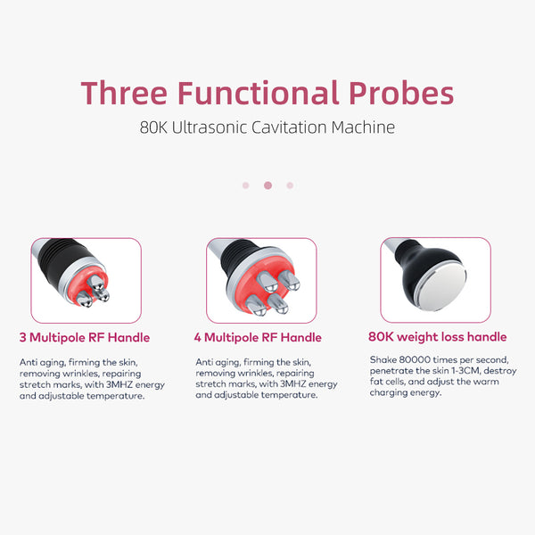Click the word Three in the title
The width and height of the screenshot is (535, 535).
click(x=124, y=93)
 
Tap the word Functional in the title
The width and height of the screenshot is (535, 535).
click(x=259, y=93)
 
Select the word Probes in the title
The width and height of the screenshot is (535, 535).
click(x=401, y=93)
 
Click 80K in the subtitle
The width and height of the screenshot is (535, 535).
click(x=153, y=128)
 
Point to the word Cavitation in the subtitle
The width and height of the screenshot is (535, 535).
click(x=289, y=128)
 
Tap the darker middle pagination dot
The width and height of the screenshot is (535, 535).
click(x=267, y=185)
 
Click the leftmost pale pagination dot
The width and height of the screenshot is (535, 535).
click(x=246, y=185)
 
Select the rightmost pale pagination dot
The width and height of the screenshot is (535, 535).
click(x=290, y=185)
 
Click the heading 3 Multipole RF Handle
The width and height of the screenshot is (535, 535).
click(x=85, y=337)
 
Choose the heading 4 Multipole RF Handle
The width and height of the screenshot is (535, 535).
click(x=258, y=337)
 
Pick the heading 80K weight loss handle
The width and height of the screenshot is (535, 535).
click(x=438, y=337)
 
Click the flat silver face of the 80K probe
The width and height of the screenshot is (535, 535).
click(x=441, y=287)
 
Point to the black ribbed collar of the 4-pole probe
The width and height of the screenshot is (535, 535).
click(x=239, y=254)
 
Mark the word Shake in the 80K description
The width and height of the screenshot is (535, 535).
click(x=383, y=359)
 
